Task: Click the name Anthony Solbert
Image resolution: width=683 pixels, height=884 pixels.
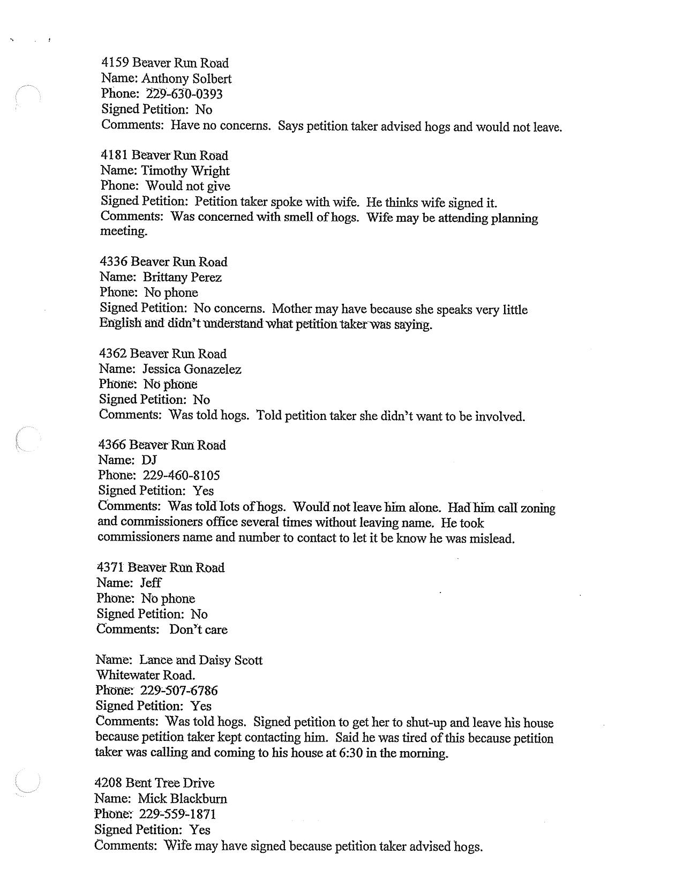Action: tap(186, 79)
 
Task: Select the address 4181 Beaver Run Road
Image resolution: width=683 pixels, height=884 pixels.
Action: tap(164, 155)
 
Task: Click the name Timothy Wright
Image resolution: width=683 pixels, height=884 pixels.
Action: tap(185, 171)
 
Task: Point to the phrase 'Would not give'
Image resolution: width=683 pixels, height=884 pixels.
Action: tap(188, 186)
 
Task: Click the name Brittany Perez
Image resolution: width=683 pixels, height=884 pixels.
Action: tap(182, 278)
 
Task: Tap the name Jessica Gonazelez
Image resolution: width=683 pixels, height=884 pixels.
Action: tap(192, 369)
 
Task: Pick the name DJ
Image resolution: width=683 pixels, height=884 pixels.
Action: tap(149, 460)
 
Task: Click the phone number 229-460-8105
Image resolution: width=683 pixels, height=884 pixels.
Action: tap(181, 476)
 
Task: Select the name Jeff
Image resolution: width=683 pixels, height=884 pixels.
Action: tap(151, 583)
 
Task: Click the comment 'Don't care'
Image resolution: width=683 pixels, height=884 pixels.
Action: tap(198, 630)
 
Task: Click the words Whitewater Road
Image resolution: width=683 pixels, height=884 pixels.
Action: tap(145, 675)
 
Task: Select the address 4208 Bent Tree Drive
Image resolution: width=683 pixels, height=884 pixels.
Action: tap(154, 783)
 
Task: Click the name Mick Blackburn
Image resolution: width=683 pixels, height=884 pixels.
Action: tap(183, 799)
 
